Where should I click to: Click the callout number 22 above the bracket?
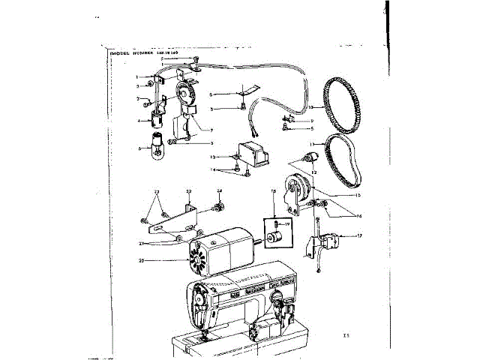[x=189, y=192]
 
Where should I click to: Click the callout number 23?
[x=157, y=193]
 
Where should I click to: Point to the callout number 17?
[x=361, y=236]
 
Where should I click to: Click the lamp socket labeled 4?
[x=159, y=118]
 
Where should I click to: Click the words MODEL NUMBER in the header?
[x=131, y=55]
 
